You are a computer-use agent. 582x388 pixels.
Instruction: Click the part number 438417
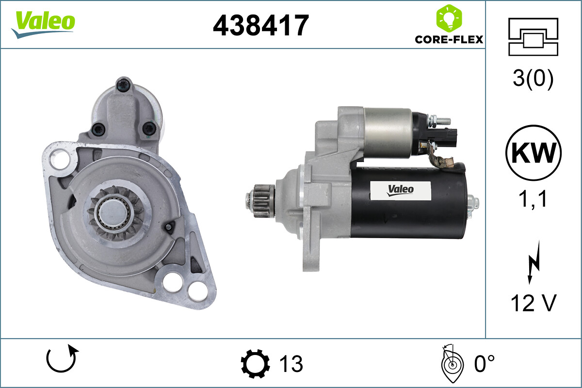click(x=261, y=25)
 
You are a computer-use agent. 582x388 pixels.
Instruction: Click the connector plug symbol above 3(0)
click(x=533, y=36)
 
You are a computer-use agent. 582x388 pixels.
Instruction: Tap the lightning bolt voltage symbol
click(x=533, y=264)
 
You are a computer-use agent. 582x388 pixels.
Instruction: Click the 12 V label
click(x=533, y=303)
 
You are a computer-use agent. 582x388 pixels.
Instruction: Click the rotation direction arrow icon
click(x=62, y=360)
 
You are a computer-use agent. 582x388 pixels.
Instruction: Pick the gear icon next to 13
click(x=256, y=363)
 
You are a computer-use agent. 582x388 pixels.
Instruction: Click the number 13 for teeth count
click(x=291, y=363)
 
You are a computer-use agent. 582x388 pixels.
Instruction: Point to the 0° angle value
click(x=484, y=363)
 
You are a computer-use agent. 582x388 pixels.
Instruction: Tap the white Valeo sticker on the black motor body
click(x=401, y=190)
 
